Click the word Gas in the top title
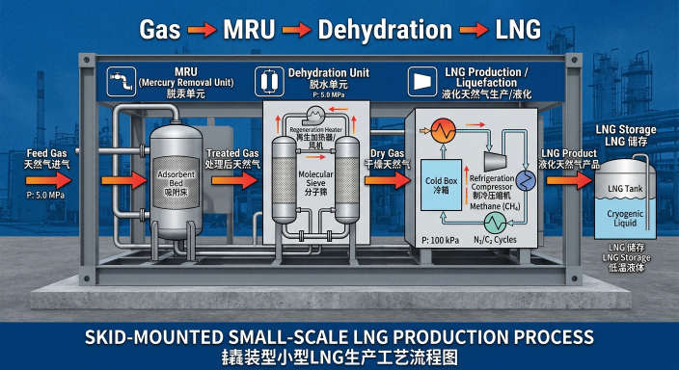coord(161,29)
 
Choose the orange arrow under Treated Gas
coord(231,180)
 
